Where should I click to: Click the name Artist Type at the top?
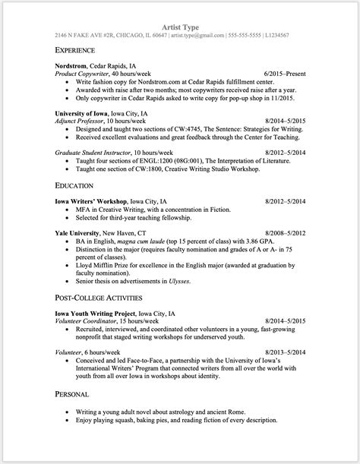(180, 27)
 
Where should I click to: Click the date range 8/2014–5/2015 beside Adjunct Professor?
(285, 120)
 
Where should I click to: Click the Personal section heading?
(73, 394)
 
